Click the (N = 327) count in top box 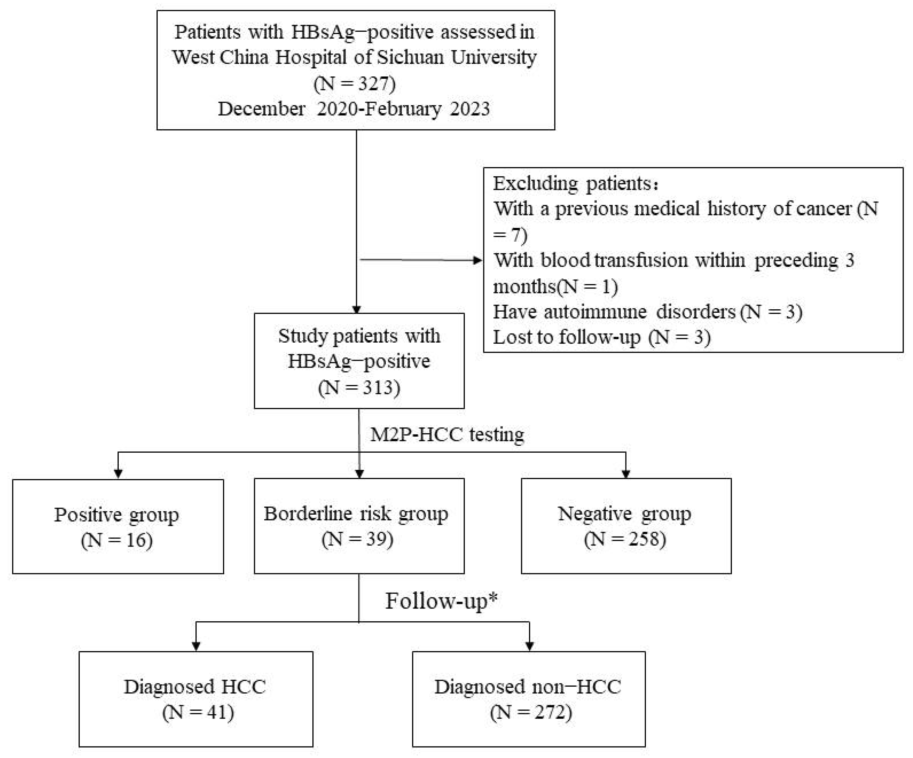[x=354, y=83]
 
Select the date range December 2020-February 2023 [x=353, y=109]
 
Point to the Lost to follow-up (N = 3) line [x=602, y=337]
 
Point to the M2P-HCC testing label [x=447, y=434]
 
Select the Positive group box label [x=116, y=515]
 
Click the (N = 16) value [x=116, y=540]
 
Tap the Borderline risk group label [x=356, y=514]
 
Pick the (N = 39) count [x=357, y=539]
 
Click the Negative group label [x=624, y=514]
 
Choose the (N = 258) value [x=625, y=539]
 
